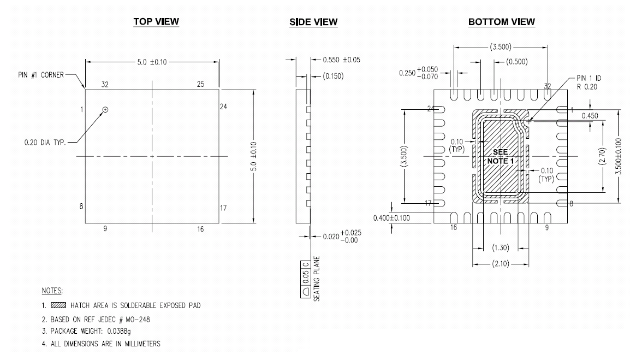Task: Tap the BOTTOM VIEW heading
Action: [501, 21]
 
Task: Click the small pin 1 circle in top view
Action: [105, 110]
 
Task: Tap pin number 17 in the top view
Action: [225, 208]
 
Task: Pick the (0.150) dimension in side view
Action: [333, 76]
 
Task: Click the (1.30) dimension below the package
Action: [501, 247]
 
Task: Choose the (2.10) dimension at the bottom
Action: [501, 264]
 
